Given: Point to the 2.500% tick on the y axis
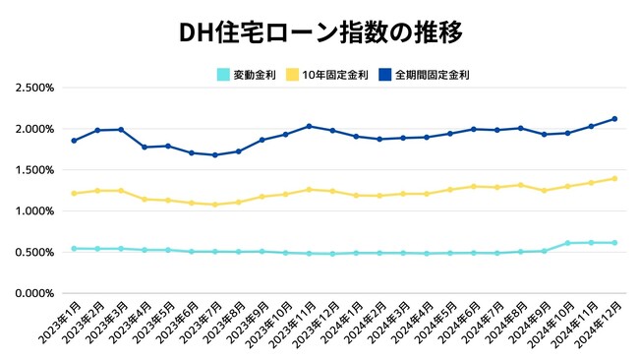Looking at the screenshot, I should coord(34,88).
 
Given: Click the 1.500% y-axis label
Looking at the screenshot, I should coord(34,170).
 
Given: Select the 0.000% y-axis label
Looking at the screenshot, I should coord(34,293).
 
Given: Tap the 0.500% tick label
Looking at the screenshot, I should coord(34,252).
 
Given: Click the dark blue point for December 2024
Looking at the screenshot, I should coord(614,119).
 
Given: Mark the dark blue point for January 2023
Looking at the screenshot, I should coord(75,141).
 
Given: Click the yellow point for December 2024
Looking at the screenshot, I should coord(614,179).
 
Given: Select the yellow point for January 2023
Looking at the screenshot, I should coord(75,193).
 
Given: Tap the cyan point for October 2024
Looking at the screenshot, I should coord(567,243).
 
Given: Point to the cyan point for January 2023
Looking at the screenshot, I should coord(75,249).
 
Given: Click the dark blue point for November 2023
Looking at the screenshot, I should coord(309,126).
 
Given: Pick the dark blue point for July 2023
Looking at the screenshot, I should coord(215,155).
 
